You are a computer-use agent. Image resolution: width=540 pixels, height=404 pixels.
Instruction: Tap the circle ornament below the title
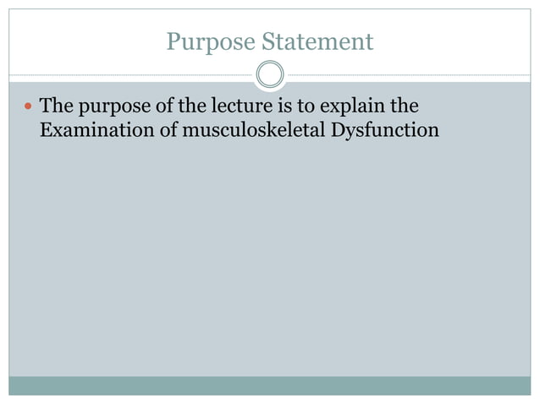click(270, 75)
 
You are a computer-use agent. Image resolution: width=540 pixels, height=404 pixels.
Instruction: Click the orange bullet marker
click(28, 108)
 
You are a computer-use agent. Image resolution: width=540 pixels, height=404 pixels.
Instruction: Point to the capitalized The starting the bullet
click(57, 108)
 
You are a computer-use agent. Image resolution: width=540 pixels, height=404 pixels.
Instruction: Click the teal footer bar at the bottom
click(270, 385)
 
